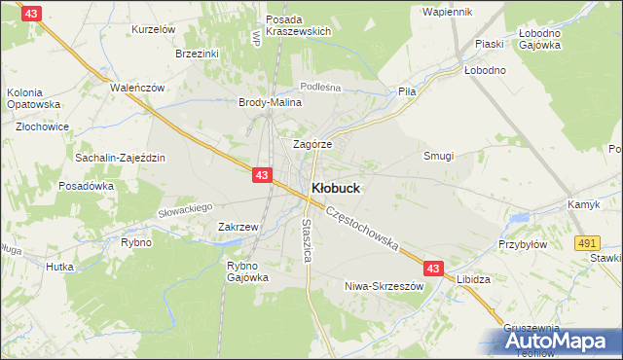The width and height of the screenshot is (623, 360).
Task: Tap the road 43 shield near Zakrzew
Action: pyautogui.click(x=261, y=175)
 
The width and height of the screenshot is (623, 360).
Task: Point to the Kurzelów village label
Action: pyautogui.click(x=153, y=30)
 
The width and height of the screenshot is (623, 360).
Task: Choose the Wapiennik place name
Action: pyautogui.click(x=447, y=12)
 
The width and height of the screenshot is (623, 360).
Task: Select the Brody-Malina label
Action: pyautogui.click(x=269, y=102)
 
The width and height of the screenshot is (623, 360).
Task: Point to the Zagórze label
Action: pyautogui.click(x=312, y=143)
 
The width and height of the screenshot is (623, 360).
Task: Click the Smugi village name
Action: pyautogui.click(x=438, y=156)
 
